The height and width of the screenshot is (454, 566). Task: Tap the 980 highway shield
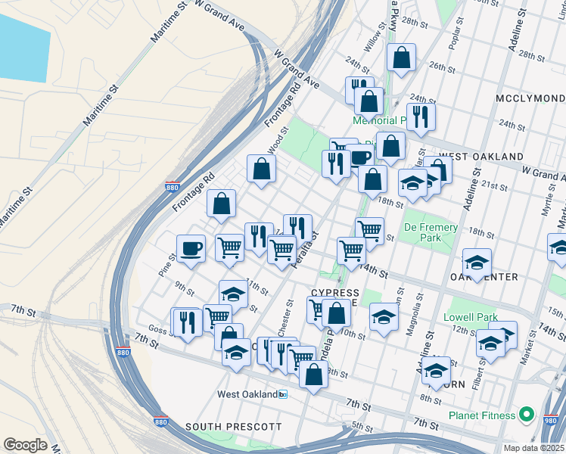[x=550, y=416]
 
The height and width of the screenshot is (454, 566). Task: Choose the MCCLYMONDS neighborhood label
[x=530, y=99]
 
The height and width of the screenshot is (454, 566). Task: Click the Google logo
[x=25, y=444]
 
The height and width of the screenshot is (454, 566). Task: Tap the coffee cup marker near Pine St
[x=191, y=248]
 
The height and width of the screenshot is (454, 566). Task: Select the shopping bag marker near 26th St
[x=401, y=58]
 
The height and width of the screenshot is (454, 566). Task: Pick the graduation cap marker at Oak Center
[x=477, y=262]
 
